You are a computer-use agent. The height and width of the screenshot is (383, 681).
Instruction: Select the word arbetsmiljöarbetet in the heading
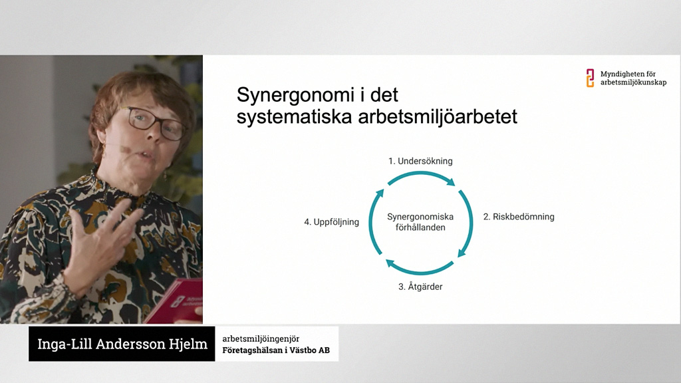(x=438, y=117)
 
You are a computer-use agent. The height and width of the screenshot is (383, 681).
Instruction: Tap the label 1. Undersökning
(x=420, y=161)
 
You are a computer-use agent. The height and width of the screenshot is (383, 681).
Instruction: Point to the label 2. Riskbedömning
(x=519, y=217)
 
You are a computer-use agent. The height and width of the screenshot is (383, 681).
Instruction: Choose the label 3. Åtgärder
(x=420, y=287)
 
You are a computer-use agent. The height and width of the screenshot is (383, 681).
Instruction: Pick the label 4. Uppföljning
(x=331, y=222)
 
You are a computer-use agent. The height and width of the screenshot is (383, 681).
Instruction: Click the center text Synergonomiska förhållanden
(x=420, y=222)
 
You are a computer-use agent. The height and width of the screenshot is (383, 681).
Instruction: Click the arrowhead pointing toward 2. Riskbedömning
(x=451, y=182)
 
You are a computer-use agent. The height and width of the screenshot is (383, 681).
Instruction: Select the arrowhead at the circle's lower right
(x=462, y=252)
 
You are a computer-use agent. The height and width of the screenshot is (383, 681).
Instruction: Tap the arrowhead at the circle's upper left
(x=380, y=193)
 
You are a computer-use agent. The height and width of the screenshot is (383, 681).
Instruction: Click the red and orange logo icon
(x=590, y=78)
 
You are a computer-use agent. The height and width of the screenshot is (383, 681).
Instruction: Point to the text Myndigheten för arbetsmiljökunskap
(x=633, y=78)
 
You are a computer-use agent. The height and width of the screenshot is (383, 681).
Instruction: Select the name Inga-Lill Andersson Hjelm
(x=122, y=344)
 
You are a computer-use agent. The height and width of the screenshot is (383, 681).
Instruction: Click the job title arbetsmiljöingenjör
(x=261, y=338)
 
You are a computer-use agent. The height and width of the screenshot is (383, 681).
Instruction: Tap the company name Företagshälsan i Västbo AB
(x=276, y=350)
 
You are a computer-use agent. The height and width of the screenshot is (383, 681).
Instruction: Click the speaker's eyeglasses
(x=154, y=122)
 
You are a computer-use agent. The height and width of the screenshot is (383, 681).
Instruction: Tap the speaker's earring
(x=165, y=175)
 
